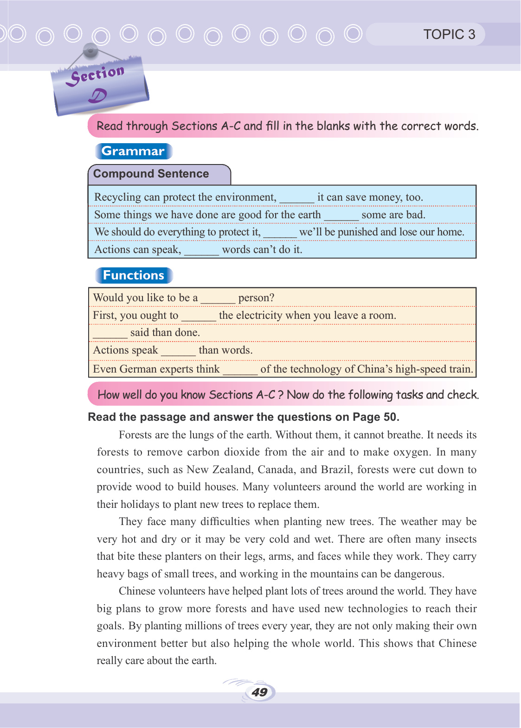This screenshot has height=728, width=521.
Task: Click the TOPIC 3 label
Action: click(x=449, y=34)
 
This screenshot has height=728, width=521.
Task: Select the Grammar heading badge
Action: click(x=133, y=151)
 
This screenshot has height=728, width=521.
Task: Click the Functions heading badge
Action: click(x=134, y=275)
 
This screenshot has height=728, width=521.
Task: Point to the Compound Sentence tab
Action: click(x=151, y=174)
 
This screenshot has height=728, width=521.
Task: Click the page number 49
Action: click(x=259, y=692)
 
